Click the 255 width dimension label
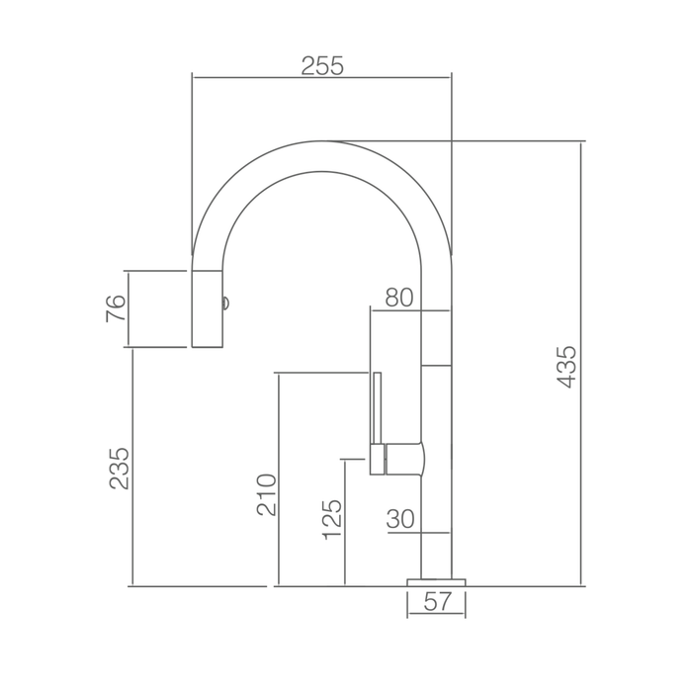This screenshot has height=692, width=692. (321, 66)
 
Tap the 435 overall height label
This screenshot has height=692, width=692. (566, 367)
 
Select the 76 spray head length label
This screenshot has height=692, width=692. (116, 308)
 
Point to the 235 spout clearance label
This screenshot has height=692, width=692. (119, 469)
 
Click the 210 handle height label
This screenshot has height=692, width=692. (267, 494)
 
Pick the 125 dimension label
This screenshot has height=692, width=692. (332, 519)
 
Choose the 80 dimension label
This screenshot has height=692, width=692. (399, 298)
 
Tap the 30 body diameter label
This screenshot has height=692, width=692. (400, 519)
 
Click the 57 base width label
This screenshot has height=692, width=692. (438, 601)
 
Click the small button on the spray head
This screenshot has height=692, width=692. (225, 303)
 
